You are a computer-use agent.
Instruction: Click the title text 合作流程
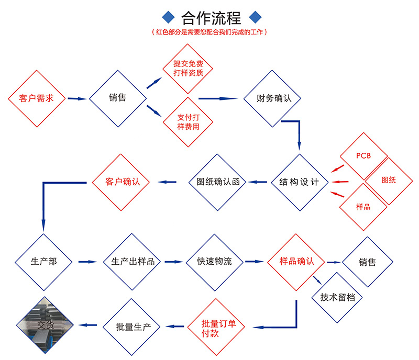(x=211, y=18)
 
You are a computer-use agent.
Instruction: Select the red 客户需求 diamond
(x=36, y=98)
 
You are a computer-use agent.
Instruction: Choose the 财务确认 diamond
(x=271, y=98)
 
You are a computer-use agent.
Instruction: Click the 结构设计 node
(x=300, y=182)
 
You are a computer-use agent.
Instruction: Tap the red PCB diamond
(x=363, y=156)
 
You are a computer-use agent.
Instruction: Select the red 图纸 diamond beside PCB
(x=389, y=180)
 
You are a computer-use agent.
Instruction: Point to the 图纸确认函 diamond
(x=217, y=182)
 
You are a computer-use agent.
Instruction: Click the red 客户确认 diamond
(x=120, y=182)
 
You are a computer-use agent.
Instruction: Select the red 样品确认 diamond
(x=296, y=261)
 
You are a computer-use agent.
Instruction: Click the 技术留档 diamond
(x=337, y=297)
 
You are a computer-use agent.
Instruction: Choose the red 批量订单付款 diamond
(x=216, y=328)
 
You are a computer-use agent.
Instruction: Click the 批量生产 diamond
(x=134, y=328)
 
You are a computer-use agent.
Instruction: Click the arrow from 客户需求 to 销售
(x=76, y=98)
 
